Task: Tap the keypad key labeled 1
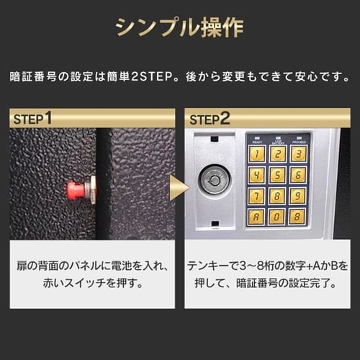click(256, 154)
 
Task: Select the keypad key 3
click(298, 154)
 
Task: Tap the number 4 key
click(256, 175)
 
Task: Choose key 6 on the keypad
click(298, 175)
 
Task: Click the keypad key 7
click(256, 196)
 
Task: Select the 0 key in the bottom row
click(277, 217)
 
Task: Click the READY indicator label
click(256, 141)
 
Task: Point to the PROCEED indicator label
click(298, 141)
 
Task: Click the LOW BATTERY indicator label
click(277, 141)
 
